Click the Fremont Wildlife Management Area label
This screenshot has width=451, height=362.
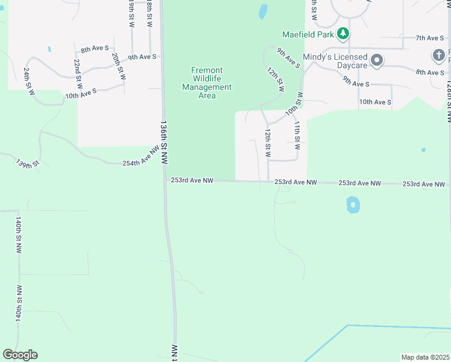click(207, 83)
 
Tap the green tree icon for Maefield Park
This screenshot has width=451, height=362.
click(343, 33)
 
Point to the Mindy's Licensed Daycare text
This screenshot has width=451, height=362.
click(336, 60)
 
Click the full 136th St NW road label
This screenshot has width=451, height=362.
click(163, 142)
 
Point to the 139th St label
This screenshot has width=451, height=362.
click(27, 164)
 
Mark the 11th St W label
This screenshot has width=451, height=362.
click(297, 135)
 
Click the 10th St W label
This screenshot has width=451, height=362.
click(293, 104)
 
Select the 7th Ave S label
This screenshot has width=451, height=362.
click(430, 38)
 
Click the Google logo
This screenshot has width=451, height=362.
click(20, 355)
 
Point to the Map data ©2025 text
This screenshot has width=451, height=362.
click(425, 357)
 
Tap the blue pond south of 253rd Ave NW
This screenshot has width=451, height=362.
click(353, 205)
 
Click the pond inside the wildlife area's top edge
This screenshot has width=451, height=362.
click(263, 11)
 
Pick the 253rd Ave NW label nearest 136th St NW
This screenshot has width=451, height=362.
click(192, 180)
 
